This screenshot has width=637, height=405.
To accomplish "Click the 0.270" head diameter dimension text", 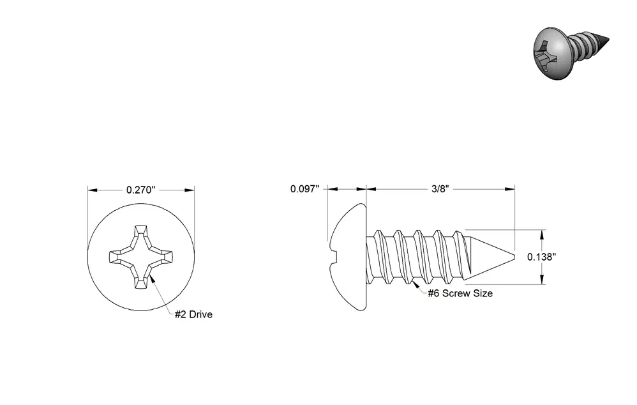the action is click(141, 190).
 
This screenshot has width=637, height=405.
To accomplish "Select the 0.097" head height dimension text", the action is click(304, 189).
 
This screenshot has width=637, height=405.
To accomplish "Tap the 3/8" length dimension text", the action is click(440, 189).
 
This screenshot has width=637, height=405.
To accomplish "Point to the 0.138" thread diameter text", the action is click(541, 257).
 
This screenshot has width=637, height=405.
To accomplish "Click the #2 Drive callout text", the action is click(193, 314).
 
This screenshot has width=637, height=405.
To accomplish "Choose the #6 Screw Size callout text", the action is click(460, 293).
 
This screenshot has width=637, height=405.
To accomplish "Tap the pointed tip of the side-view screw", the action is click(514, 257).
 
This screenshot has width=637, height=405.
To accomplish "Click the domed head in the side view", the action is click(347, 257).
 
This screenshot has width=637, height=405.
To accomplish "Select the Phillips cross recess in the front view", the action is click(141, 257).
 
